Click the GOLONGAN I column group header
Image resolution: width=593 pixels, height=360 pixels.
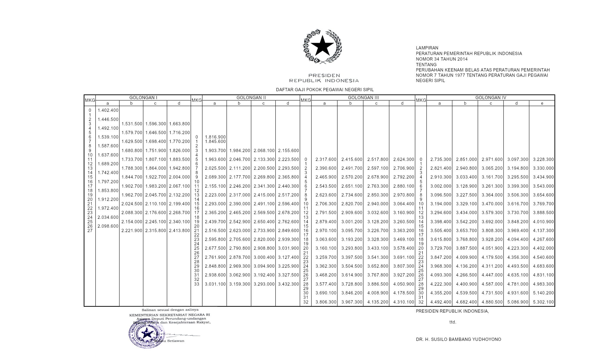(143, 98)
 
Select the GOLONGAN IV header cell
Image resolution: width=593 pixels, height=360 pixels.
(491, 98)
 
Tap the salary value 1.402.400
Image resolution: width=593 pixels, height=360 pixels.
(108, 110)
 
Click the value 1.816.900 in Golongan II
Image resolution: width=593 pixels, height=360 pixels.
(215, 137)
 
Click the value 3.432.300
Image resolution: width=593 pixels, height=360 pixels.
(288, 284)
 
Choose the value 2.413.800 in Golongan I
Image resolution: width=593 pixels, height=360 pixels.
(179, 231)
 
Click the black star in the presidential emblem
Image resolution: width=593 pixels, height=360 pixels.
(323, 46)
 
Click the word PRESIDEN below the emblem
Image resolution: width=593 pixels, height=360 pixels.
(324, 76)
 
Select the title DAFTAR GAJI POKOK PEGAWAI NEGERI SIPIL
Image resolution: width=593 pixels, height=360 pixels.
(325, 90)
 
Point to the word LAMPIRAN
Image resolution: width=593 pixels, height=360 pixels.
(427, 48)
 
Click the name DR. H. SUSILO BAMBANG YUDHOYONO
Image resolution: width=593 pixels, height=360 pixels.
(458, 339)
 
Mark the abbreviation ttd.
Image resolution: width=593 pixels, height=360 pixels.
(453, 322)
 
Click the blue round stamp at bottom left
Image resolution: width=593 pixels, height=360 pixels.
(146, 334)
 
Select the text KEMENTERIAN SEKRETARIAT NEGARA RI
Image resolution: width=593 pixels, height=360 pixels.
(170, 315)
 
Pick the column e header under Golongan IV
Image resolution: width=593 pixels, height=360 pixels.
(542, 103)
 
